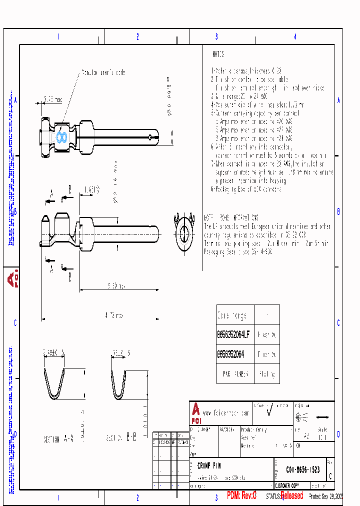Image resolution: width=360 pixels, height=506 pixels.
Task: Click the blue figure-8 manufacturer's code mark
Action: click(61, 136)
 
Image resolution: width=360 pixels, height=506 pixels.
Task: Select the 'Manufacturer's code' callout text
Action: click(103, 72)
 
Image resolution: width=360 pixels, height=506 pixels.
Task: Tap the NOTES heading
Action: click(218, 54)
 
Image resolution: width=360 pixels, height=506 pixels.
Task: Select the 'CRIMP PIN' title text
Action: click(209, 465)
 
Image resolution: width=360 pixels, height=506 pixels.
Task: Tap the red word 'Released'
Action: click(291, 495)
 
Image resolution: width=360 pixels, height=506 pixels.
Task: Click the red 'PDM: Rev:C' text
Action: click(241, 495)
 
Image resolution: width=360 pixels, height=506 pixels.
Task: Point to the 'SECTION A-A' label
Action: click(58, 439)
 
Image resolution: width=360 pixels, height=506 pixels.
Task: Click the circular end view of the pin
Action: click(184, 232)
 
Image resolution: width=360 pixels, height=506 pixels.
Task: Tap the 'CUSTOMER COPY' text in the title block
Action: click(289, 485)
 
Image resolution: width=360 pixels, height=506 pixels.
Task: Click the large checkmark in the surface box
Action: click(270, 411)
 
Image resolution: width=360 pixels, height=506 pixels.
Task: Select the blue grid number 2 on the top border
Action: click(137, 36)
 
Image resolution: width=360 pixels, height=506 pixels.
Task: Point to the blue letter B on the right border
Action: click(338, 212)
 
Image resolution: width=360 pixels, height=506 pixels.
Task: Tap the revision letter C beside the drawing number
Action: click(329, 470)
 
